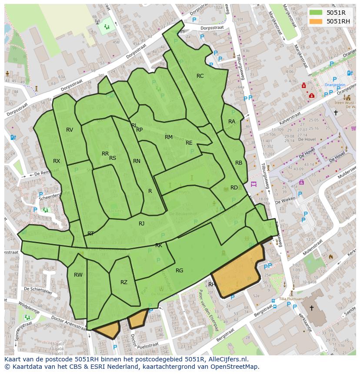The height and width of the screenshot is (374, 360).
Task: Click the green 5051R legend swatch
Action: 316,13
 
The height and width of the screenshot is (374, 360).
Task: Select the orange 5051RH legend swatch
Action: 316,21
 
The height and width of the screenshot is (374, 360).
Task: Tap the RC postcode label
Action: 200,76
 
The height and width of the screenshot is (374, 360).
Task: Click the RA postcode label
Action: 232,122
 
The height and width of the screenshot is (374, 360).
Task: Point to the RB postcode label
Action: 239,163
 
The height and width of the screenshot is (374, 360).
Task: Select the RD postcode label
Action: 234,188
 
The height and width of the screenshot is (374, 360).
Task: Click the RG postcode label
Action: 180,271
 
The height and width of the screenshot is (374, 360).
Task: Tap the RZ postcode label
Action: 124,282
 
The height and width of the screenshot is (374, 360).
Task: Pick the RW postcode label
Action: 78,275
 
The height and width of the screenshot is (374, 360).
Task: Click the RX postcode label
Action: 57,161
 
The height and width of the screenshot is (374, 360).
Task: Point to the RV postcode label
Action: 70,130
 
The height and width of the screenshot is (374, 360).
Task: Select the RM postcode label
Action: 169,137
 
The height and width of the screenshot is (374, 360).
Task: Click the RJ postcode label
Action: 142,224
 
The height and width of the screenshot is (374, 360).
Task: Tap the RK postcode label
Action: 159,245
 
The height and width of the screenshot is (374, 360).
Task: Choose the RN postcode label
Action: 137,161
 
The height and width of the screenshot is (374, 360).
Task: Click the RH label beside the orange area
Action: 212,285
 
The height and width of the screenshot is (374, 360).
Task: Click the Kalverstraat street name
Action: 290,119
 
